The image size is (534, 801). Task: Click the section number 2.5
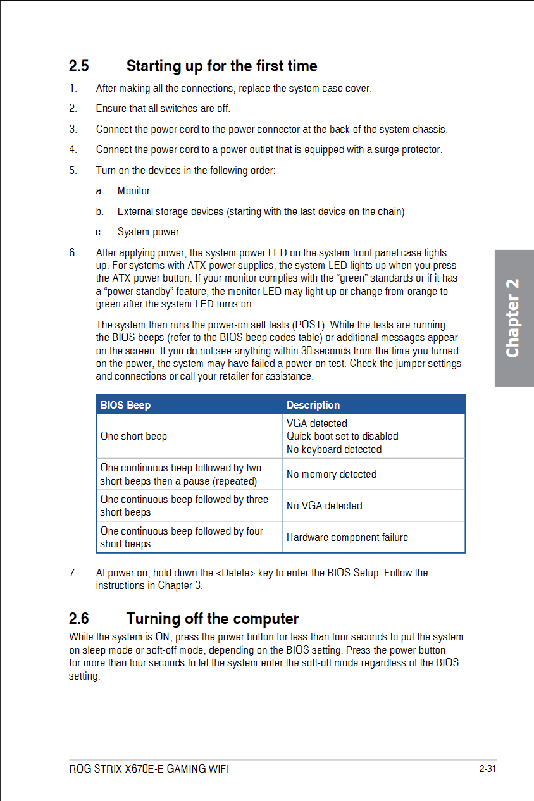click(x=79, y=66)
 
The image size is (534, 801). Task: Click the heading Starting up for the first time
click(x=221, y=66)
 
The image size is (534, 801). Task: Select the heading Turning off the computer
click(x=212, y=618)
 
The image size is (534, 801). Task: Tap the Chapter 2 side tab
click(x=513, y=318)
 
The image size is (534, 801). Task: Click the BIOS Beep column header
click(x=125, y=405)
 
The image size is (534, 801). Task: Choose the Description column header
click(x=313, y=405)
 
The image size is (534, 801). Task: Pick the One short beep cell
click(x=133, y=436)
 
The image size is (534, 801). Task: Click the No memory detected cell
click(x=332, y=474)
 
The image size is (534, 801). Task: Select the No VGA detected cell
click(x=325, y=506)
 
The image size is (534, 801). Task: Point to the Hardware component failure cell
click(x=347, y=537)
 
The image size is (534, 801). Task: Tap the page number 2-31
click(x=487, y=769)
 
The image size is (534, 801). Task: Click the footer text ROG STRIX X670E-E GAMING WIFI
click(x=149, y=769)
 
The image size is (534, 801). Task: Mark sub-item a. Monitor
click(x=133, y=190)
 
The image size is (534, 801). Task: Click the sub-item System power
click(x=148, y=232)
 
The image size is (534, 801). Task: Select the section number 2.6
click(x=79, y=618)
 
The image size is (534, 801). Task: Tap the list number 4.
click(x=73, y=149)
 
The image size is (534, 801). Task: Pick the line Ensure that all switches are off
click(x=163, y=108)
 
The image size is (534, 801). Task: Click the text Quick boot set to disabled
click(x=342, y=436)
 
